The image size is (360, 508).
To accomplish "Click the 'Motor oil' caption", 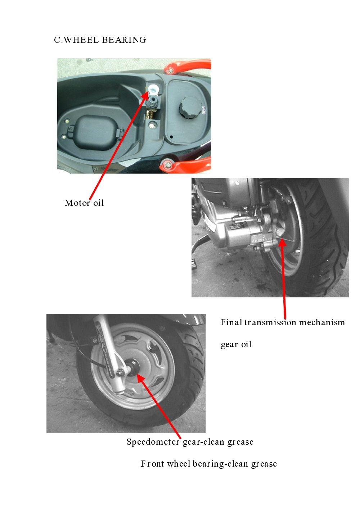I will [x=84, y=203].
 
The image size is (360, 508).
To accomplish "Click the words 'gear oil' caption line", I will [x=236, y=345].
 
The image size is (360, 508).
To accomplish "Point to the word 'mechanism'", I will [x=322, y=322].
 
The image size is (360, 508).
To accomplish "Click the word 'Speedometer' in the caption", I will [x=153, y=442].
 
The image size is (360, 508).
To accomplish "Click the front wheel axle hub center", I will [x=135, y=371].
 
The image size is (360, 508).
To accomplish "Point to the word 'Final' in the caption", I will [x=231, y=322].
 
